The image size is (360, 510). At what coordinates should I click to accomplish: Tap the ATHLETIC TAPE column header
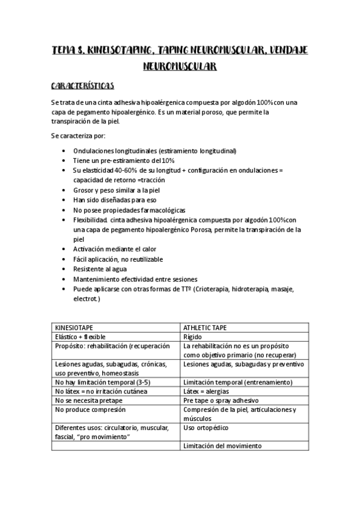pyautogui.click(x=206, y=328)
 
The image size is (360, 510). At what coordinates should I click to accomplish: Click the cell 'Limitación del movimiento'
pyautogui.click(x=222, y=446)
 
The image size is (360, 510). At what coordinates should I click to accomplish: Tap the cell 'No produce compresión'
pyautogui.click(x=90, y=410)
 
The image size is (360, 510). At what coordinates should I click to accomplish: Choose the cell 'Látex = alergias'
pyautogui.click(x=209, y=392)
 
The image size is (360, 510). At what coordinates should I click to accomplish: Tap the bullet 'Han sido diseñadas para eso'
pyautogui.click(x=112, y=200)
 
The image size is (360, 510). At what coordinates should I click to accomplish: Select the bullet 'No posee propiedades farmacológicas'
pyautogui.click(x=129, y=210)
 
